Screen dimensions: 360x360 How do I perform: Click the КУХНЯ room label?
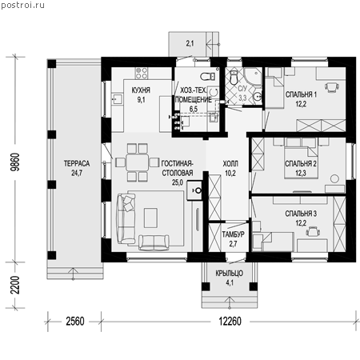[141, 90]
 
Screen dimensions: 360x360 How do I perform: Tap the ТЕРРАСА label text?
[77, 163]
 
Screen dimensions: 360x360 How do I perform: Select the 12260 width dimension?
[230, 322]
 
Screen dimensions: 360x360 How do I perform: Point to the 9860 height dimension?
[15, 162]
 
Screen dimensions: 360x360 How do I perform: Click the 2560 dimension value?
[75, 322]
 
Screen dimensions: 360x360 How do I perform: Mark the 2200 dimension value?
[15, 285]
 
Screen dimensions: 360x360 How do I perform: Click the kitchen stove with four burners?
[142, 73]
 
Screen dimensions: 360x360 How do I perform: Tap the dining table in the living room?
[137, 162]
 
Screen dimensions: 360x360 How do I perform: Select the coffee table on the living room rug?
[150, 218]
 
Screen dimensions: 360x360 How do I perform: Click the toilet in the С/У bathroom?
[234, 77]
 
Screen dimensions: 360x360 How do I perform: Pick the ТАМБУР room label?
[233, 234]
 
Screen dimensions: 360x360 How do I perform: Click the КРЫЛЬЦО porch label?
[230, 274]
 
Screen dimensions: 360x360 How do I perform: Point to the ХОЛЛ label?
[230, 163]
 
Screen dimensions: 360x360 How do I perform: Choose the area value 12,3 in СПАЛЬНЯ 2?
[301, 174]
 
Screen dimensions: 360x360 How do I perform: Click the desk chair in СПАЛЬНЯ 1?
[332, 87]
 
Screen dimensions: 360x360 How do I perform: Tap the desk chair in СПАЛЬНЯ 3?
[313, 231]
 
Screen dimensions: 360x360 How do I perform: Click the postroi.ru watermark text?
[22, 5]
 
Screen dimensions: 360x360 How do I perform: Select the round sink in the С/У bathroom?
[258, 96]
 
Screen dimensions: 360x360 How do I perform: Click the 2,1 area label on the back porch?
[190, 43]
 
